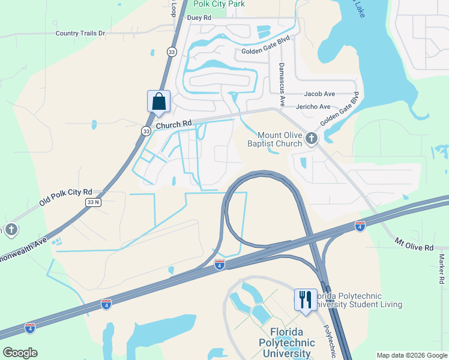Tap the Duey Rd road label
click(199, 18)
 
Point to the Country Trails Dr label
click(80, 34)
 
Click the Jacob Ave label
click(319, 94)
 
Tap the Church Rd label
click(173, 124)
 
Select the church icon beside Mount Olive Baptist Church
click(311, 139)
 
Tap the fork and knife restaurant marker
click(305, 299)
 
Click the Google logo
click(20, 353)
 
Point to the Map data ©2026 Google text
click(411, 355)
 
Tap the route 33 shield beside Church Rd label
click(146, 130)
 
